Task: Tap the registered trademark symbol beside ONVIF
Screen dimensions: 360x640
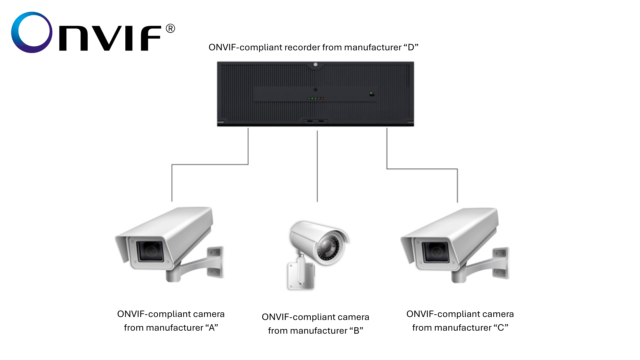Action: [170, 29]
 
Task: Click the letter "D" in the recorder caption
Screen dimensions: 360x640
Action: [411, 47]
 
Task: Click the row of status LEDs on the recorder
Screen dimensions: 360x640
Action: [315, 98]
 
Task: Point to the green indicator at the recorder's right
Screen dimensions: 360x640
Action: [372, 94]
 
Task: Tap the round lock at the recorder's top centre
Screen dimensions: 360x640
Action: [315, 64]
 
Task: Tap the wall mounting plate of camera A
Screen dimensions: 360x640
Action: [215, 262]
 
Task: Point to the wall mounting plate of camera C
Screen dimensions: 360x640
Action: [501, 263]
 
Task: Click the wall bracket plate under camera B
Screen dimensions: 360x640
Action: [301, 276]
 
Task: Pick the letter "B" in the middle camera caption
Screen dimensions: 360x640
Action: [356, 331]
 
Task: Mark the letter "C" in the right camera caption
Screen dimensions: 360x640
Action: [501, 328]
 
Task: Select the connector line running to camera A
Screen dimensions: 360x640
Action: [210, 164]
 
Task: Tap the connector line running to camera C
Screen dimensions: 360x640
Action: [422, 169]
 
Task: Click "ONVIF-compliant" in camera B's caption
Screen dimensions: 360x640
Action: [293, 317]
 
